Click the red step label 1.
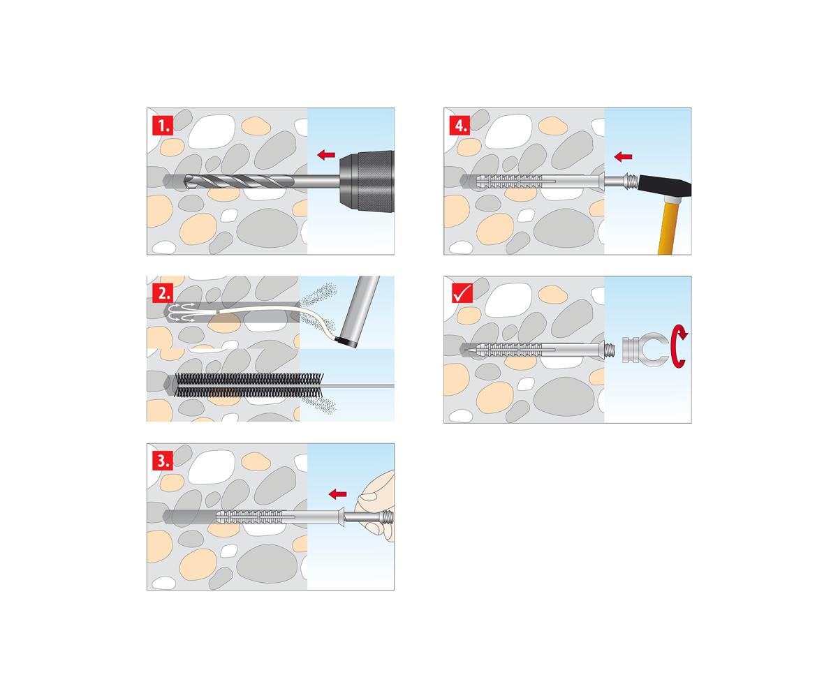click(163, 125)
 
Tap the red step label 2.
click(163, 293)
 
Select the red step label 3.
click(163, 461)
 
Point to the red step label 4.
click(460, 125)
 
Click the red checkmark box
click(462, 293)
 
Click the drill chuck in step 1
click(367, 181)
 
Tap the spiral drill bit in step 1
click(240, 181)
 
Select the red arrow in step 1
click(326, 154)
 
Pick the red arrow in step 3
click(337, 493)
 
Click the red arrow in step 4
click(624, 156)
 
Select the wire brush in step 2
click(249, 385)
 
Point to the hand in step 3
click(377, 506)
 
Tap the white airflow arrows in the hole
click(182, 312)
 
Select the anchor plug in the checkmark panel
click(534, 350)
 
